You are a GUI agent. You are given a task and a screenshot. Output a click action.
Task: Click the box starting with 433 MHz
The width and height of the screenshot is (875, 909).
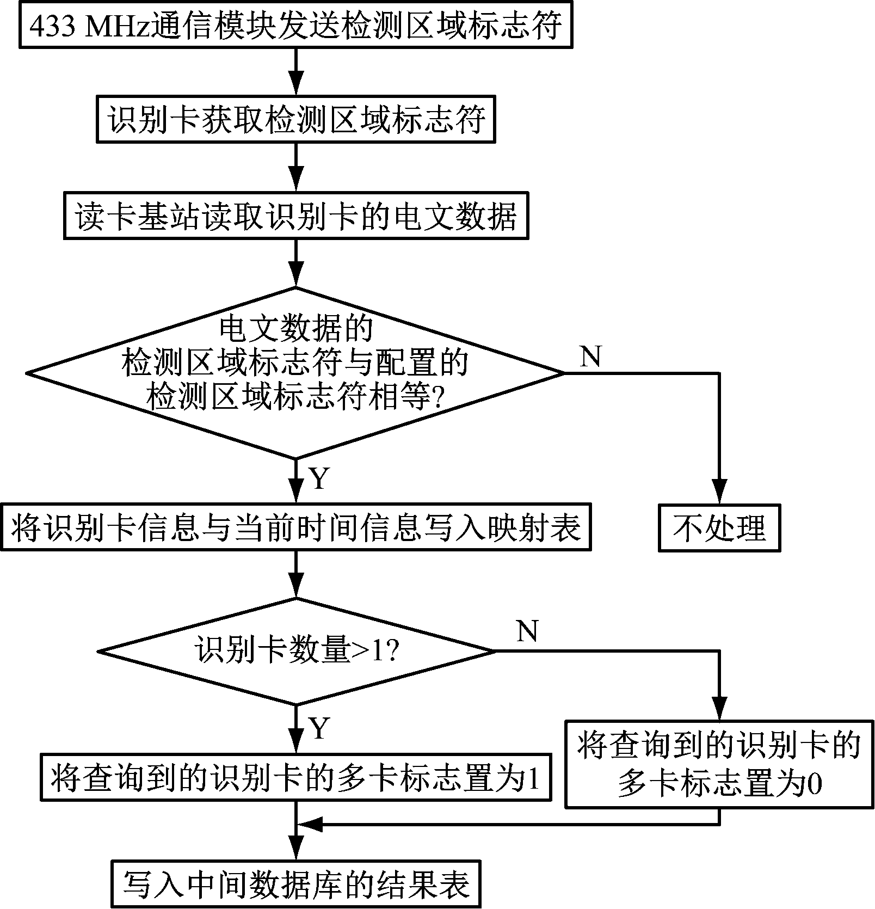pyautogui.click(x=296, y=25)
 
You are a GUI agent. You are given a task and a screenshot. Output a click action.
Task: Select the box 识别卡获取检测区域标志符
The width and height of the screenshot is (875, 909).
pyautogui.click(x=296, y=119)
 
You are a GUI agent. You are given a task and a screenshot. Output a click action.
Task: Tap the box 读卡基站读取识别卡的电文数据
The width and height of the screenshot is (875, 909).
pyautogui.click(x=296, y=216)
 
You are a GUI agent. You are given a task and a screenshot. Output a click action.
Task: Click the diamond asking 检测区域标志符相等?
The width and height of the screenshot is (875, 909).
pyautogui.click(x=296, y=373)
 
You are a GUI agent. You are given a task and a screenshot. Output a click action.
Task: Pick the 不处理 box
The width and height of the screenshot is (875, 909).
pyautogui.click(x=719, y=528)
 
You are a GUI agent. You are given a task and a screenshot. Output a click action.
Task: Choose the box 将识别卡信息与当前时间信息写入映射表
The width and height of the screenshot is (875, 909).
pyautogui.click(x=296, y=528)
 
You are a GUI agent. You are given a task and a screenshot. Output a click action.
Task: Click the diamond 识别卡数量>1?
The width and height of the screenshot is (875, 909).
pyautogui.click(x=296, y=651)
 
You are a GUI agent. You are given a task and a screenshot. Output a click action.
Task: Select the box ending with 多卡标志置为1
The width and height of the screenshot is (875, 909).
pyautogui.click(x=296, y=777)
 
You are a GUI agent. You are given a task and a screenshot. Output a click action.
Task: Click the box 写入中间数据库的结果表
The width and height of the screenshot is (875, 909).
pyautogui.click(x=296, y=884)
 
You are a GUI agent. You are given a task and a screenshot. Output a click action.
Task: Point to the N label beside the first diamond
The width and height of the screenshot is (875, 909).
pyautogui.click(x=591, y=357)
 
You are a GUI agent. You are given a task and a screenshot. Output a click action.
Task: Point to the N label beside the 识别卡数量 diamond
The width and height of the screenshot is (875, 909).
pyautogui.click(x=527, y=631)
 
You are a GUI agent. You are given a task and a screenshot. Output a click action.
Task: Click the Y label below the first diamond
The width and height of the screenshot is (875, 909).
pyautogui.click(x=319, y=479)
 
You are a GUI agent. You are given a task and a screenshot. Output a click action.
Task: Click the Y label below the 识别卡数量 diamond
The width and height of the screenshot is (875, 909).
pyautogui.click(x=319, y=728)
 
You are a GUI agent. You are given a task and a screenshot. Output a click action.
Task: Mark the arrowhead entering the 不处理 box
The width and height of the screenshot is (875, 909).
pyautogui.click(x=719, y=493)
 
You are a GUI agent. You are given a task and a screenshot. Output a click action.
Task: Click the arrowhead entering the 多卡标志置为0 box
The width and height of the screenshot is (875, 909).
pyautogui.click(x=719, y=709)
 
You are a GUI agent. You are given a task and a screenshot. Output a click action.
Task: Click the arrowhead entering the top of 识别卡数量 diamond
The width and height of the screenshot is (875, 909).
pyautogui.click(x=296, y=587)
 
